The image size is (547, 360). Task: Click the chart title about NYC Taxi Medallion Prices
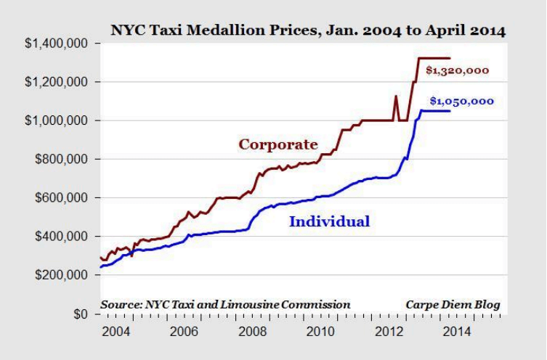tap(308, 31)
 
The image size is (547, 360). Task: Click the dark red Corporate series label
tap(278, 144)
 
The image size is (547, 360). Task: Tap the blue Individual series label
tap(329, 221)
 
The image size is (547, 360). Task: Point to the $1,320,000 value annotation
tap(457, 70)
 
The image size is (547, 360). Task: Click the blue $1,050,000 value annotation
tap(462, 102)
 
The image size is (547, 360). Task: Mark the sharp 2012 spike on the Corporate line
tap(396, 97)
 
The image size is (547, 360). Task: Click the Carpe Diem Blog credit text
tap(454, 304)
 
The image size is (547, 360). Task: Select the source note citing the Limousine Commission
tap(225, 304)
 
